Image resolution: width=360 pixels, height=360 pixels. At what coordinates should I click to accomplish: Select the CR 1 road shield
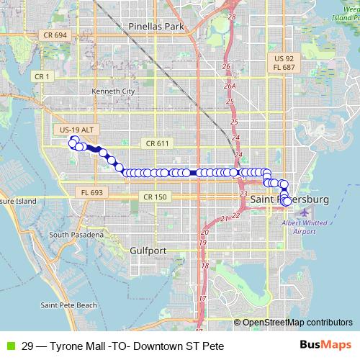point(42,76)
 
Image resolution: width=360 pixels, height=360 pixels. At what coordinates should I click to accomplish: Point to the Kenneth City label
point(114,91)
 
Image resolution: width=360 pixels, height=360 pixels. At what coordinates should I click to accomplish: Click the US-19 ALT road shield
point(77,130)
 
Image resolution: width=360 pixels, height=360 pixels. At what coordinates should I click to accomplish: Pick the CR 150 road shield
point(155,197)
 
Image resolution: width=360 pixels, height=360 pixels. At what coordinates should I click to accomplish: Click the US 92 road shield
point(285,57)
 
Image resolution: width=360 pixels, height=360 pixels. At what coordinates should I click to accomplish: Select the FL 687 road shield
point(285,67)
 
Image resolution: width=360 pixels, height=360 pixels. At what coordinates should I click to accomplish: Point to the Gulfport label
point(149,251)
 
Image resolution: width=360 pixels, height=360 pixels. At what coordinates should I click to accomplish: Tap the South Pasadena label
point(78,235)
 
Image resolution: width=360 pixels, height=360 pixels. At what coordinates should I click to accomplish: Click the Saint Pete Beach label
point(68,305)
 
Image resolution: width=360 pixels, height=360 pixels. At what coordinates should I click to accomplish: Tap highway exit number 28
point(232,16)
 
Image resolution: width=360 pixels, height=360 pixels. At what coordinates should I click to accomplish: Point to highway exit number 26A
point(230,86)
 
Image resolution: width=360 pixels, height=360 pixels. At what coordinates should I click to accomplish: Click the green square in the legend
point(9,346)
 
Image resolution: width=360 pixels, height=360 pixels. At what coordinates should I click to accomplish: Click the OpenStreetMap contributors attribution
point(297,323)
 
